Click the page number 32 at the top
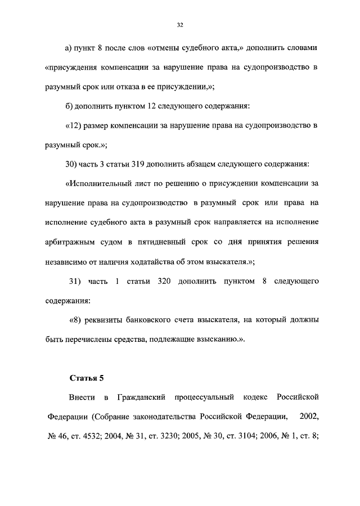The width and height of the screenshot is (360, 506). (180, 25)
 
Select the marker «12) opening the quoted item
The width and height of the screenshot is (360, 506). (75, 125)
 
